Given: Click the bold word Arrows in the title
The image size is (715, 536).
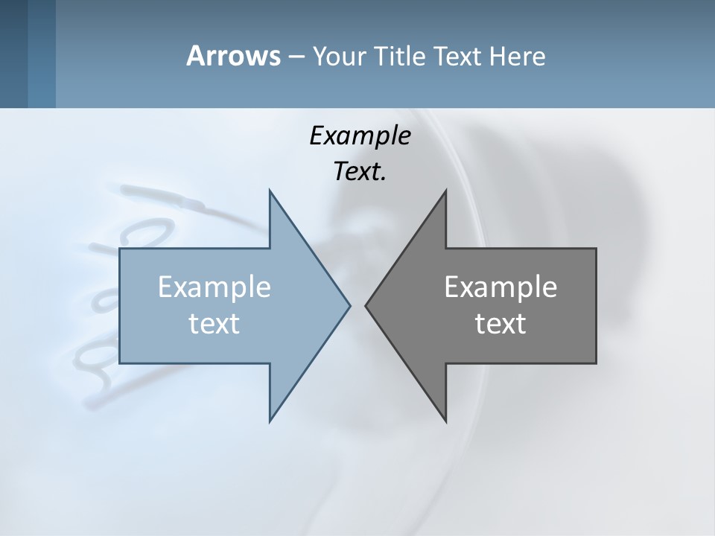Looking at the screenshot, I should [x=233, y=56].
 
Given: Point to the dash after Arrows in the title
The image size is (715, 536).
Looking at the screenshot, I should [x=296, y=57].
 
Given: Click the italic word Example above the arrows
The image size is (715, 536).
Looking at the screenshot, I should [x=360, y=135].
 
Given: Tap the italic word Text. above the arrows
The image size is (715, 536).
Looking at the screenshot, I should [x=358, y=171].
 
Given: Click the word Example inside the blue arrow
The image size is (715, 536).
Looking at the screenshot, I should [x=214, y=287].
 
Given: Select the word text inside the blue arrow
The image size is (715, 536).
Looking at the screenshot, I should [x=214, y=323].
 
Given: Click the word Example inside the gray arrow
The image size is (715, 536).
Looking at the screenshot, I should [x=500, y=287].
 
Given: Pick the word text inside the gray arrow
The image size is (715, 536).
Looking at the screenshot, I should [x=500, y=323].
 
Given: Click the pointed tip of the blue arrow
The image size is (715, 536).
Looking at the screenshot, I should [x=349, y=305].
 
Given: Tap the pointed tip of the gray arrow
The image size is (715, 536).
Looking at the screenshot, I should [x=366, y=305].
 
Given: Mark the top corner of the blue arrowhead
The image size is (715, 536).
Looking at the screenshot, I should [x=270, y=191].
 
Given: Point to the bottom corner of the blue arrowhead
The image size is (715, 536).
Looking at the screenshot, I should [x=270, y=420].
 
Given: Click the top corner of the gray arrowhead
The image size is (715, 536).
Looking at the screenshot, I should [x=445, y=191].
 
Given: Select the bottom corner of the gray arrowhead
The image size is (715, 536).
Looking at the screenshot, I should [x=445, y=420].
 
